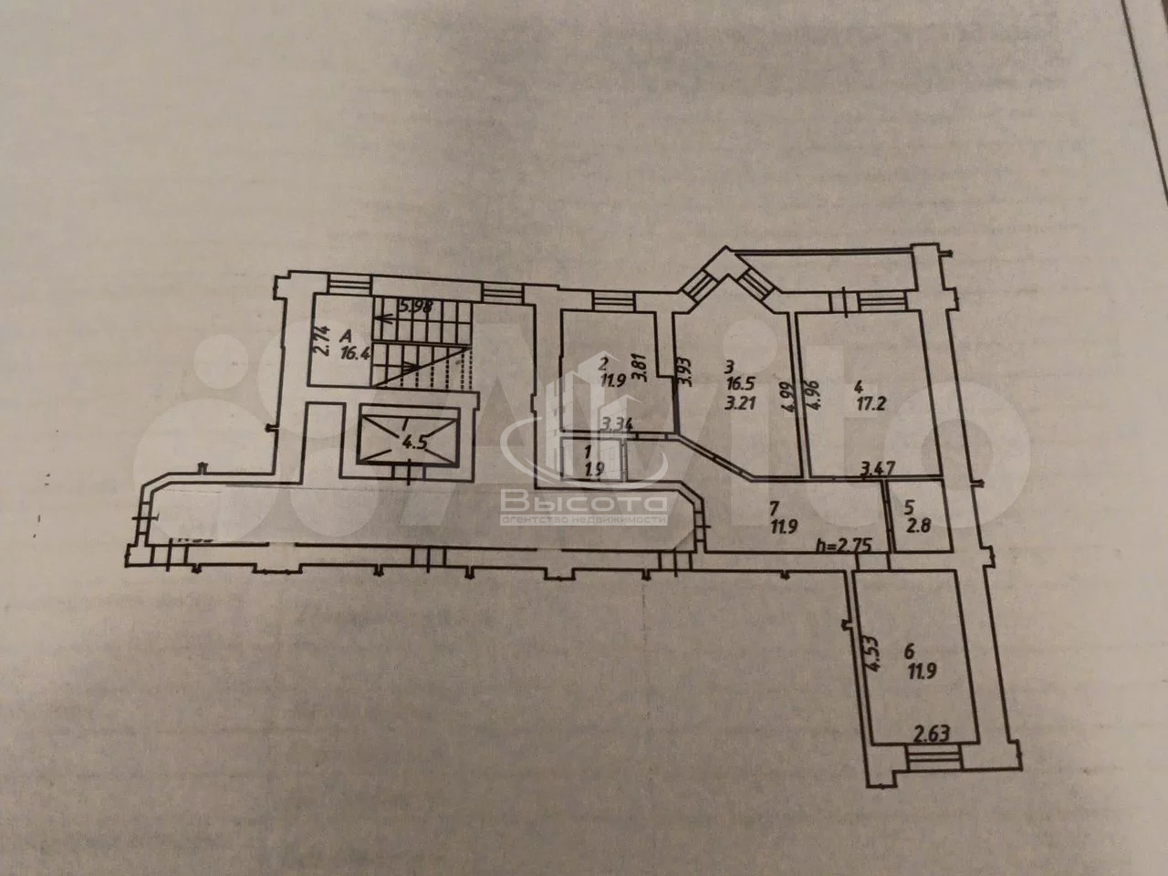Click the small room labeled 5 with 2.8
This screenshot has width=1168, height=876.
(x=914, y=517)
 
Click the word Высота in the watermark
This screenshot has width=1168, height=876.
(x=583, y=502)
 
